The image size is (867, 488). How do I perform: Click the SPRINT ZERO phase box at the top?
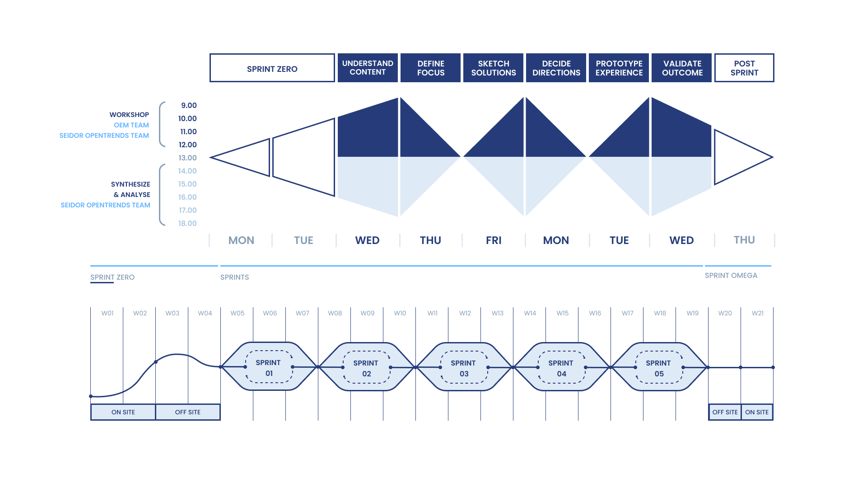(x=272, y=68)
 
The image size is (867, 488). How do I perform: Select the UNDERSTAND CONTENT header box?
(x=368, y=68)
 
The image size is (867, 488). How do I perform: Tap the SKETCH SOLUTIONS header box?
(x=493, y=68)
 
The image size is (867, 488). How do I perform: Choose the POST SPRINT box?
(x=744, y=68)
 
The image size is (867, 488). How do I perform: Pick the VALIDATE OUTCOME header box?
(x=682, y=68)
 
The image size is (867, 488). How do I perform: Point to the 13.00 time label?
(x=187, y=158)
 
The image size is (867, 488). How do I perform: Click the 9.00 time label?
(x=189, y=105)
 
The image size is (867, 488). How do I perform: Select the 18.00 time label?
(x=187, y=223)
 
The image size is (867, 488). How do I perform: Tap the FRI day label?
(x=494, y=240)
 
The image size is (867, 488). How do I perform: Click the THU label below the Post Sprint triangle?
(x=744, y=240)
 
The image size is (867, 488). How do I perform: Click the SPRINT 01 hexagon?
(x=269, y=367)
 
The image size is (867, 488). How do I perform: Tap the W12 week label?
(x=465, y=313)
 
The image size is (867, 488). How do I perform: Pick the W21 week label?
(x=757, y=313)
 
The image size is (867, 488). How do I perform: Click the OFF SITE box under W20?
(x=725, y=412)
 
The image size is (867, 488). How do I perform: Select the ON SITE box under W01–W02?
(x=123, y=412)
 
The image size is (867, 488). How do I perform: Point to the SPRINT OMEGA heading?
(x=731, y=276)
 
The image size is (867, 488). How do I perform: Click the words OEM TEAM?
(x=131, y=125)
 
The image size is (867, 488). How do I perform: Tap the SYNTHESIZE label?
(x=131, y=184)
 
